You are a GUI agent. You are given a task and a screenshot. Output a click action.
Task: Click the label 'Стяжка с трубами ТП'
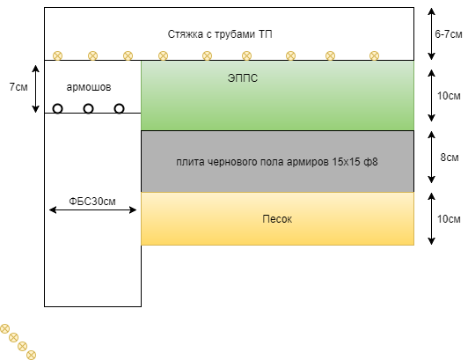(x=220, y=34)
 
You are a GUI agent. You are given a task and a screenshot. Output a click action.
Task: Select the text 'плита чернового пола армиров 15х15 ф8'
(x=277, y=162)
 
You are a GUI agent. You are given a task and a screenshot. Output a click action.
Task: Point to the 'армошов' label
(x=89, y=88)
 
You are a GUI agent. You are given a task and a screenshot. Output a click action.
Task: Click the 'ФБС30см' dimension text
(x=92, y=202)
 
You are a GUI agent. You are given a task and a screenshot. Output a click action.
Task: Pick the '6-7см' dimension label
(x=449, y=34)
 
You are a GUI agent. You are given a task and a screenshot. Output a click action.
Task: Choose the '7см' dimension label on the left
(x=18, y=88)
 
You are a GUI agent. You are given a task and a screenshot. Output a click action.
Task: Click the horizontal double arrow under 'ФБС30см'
(x=92, y=211)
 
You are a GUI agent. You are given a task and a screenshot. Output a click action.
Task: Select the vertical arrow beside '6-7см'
(x=430, y=34)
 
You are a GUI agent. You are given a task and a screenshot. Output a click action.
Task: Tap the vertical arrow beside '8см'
(x=430, y=159)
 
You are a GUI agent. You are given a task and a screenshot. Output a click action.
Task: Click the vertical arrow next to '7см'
(x=35, y=87)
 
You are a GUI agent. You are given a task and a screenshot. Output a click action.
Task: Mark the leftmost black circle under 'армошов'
(x=57, y=109)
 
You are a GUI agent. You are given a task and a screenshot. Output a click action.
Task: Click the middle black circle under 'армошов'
(x=88, y=109)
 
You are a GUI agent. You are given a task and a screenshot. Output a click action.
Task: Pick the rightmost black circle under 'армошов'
(x=119, y=109)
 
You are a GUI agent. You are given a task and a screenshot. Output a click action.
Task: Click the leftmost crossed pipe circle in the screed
(x=57, y=56)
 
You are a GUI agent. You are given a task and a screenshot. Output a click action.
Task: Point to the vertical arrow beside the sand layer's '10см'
(x=430, y=218)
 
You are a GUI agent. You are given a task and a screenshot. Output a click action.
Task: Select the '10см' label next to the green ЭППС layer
(x=449, y=95)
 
